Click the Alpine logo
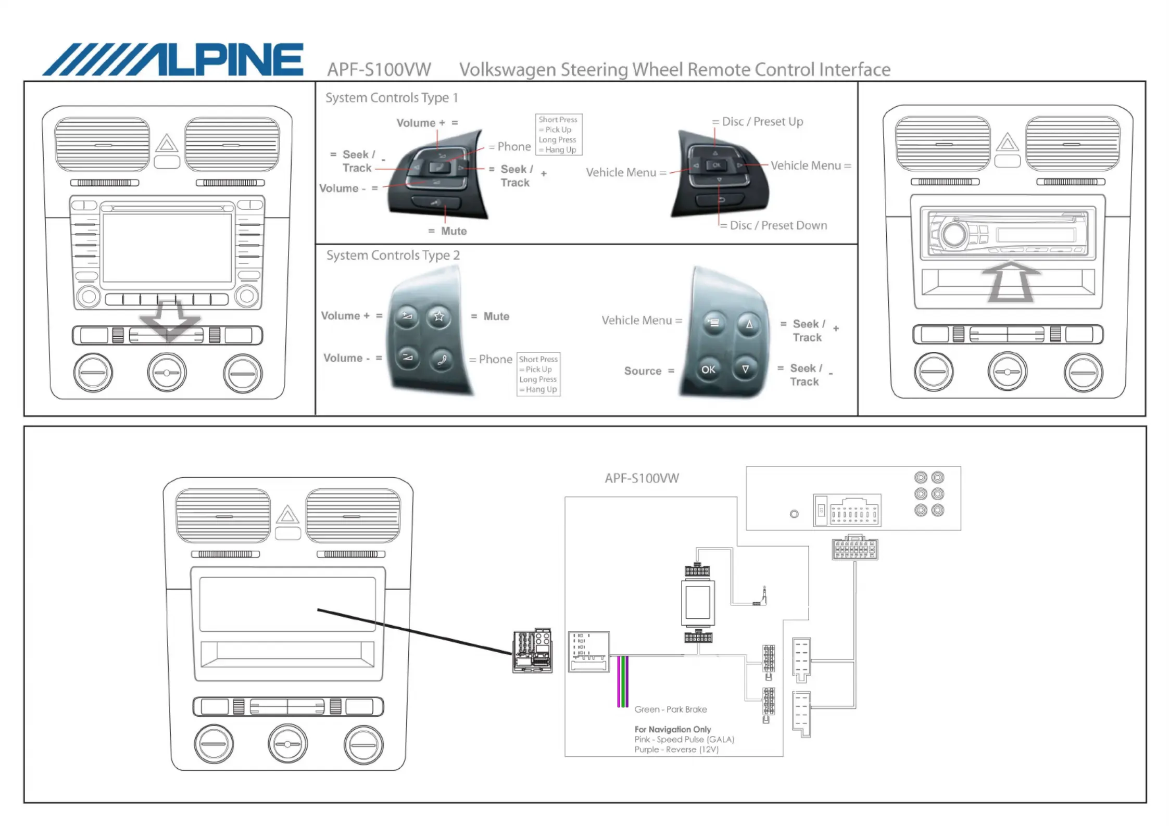pos(173,60)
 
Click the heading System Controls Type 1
pos(392,98)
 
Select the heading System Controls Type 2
pos(393,256)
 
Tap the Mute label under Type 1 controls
pos(454,231)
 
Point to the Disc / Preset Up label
pos(762,122)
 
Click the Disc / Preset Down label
pos(778,225)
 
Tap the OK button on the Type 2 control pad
pos(708,370)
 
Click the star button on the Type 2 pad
pos(439,316)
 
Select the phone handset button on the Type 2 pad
pos(442,359)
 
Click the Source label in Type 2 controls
pos(643,371)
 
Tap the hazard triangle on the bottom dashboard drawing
pos(287,515)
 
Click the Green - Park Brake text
pos(671,709)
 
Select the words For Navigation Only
pos(672,729)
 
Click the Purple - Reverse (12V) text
pos(676,749)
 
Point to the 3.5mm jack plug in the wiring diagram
pos(762,597)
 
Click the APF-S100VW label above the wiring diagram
pos(642,478)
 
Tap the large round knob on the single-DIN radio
pos(954,234)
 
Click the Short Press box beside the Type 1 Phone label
pos(558,135)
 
